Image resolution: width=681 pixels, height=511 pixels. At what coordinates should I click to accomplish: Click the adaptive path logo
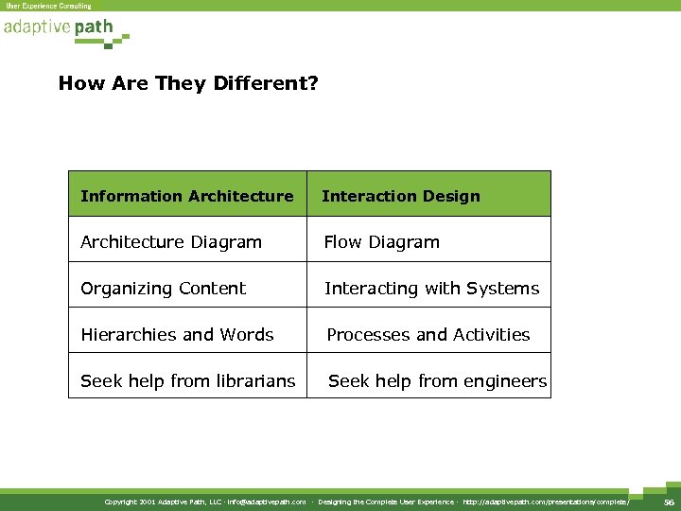coord(59,28)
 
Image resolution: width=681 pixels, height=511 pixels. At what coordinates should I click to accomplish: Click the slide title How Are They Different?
coord(188,83)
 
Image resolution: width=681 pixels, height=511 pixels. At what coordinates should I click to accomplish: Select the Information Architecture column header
coord(187,196)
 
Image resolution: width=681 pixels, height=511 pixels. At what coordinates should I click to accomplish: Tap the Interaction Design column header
coord(401,196)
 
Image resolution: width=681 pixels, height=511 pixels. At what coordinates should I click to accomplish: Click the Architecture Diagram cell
coord(171,242)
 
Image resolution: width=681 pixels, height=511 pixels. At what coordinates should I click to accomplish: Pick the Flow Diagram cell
coord(382,242)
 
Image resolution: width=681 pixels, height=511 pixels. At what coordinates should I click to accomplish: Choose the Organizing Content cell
coord(164,289)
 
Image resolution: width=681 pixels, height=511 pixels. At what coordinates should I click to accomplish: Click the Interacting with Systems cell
coord(432,289)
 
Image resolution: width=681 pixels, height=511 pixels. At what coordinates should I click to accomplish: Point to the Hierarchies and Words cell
coord(177,335)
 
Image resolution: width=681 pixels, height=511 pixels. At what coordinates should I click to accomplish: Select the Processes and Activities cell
coord(428,335)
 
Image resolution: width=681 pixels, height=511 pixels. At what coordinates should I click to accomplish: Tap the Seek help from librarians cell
coord(188,381)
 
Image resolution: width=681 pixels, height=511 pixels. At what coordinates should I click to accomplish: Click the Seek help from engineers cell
coord(437,381)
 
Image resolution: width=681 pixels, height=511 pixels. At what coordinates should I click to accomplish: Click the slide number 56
coord(669,502)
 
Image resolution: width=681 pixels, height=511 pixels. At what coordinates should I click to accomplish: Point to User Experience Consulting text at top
coord(49,6)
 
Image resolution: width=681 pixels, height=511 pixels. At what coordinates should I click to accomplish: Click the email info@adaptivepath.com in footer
coord(267,502)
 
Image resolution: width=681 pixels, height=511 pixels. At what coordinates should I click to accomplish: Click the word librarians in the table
coord(256,381)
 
